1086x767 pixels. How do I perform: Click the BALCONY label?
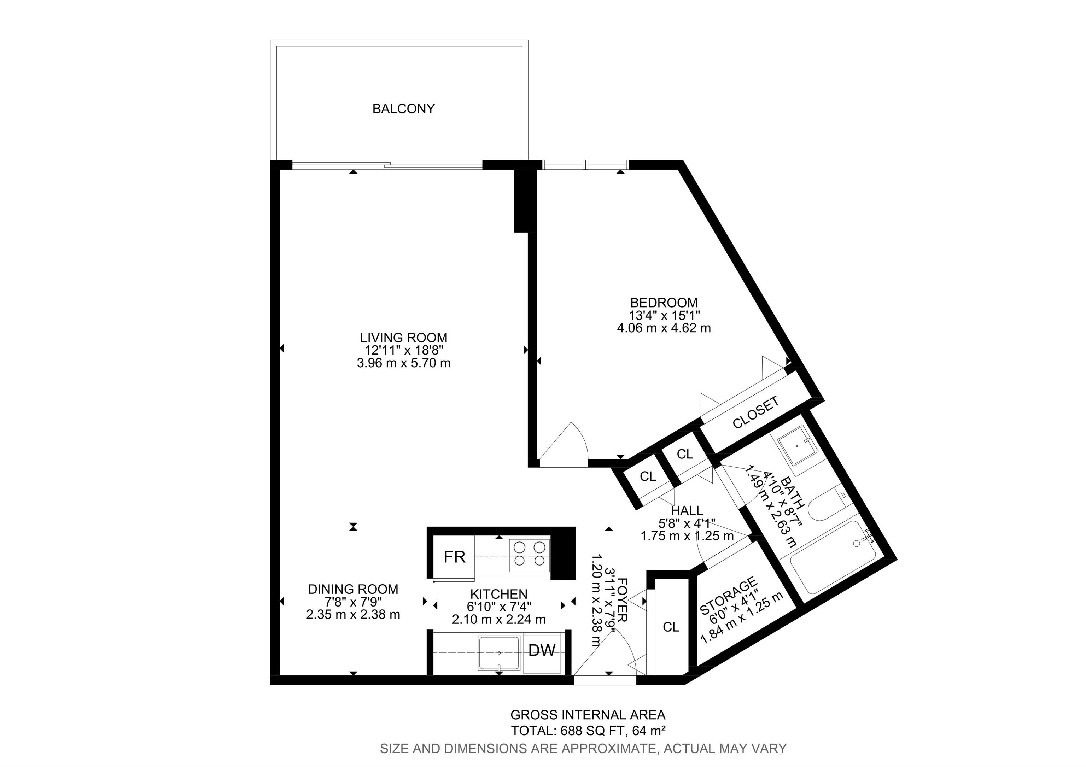[403, 109]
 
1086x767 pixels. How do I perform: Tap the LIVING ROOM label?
[403, 338]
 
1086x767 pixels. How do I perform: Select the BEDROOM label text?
[664, 303]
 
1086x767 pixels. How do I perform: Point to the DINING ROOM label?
[353, 589]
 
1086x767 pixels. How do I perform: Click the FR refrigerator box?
[454, 557]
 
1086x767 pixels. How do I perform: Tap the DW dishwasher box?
[542, 651]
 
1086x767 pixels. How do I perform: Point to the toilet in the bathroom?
[825, 506]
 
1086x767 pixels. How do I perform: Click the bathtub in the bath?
[833, 563]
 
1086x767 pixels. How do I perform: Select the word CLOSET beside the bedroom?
[755, 413]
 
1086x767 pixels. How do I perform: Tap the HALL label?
[687, 511]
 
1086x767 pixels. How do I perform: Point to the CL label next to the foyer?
[671, 627]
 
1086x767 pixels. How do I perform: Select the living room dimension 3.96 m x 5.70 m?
[403, 363]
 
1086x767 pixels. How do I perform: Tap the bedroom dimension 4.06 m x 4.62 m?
[664, 328]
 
